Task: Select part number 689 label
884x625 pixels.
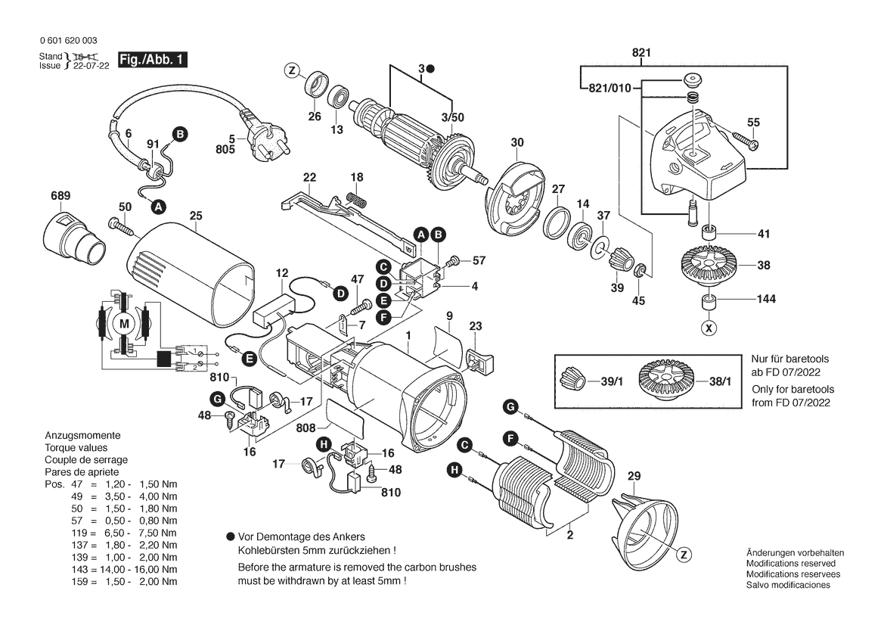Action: (x=60, y=196)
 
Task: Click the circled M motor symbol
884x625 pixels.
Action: (x=121, y=325)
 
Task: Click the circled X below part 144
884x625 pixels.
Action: (x=709, y=328)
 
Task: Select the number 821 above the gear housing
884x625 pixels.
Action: (x=641, y=52)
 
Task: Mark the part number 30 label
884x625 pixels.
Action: (x=517, y=142)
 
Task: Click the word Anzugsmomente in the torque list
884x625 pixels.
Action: (x=82, y=437)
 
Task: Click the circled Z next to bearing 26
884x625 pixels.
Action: (x=291, y=71)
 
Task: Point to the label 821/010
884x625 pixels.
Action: (x=608, y=89)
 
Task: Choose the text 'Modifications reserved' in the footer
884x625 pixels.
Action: (x=790, y=564)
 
